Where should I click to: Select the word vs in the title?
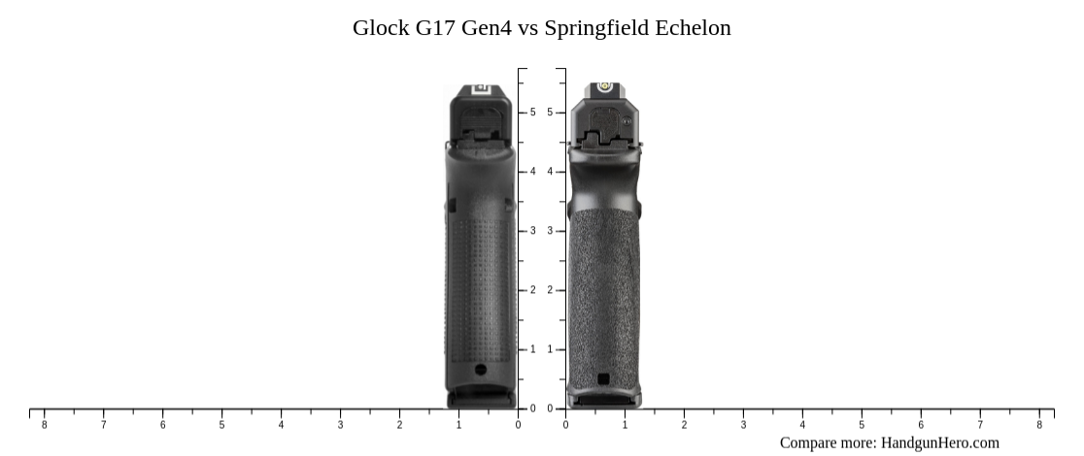pyautogui.click(x=527, y=28)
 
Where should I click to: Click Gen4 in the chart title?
pyautogui.click(x=486, y=28)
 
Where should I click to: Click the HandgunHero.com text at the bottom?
pyautogui.click(x=939, y=442)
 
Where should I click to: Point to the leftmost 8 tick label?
pyautogui.click(x=44, y=425)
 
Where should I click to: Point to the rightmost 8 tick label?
pyautogui.click(x=1039, y=425)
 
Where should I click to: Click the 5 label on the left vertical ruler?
pyautogui.click(x=532, y=113)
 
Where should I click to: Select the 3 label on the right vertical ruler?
pyautogui.click(x=550, y=231)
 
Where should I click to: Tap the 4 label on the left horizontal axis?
pyautogui.click(x=281, y=425)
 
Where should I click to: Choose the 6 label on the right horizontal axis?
pyautogui.click(x=921, y=425)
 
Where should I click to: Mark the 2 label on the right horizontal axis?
pyautogui.click(x=684, y=425)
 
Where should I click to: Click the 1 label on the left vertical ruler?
pyautogui.click(x=532, y=349)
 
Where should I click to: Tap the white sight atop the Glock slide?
pyautogui.click(x=479, y=89)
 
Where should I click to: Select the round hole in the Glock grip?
pyautogui.click(x=480, y=369)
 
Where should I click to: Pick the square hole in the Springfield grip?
pyautogui.click(x=603, y=378)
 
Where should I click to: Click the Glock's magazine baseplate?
pyautogui.click(x=479, y=397)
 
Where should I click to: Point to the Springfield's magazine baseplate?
pyautogui.click(x=603, y=399)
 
